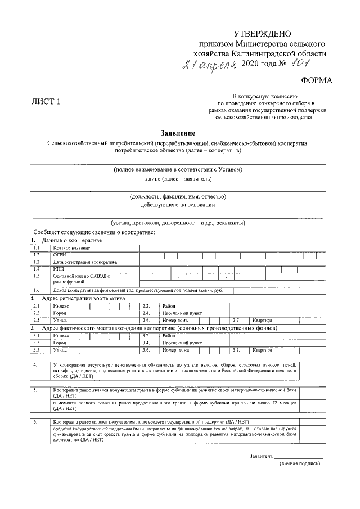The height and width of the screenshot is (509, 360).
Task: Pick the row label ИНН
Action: click(x=59, y=269)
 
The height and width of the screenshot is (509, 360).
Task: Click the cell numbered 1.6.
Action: click(x=38, y=290)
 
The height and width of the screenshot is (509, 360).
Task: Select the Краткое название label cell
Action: click(x=71, y=247)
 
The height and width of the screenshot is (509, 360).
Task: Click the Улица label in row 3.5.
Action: click(x=60, y=350)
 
